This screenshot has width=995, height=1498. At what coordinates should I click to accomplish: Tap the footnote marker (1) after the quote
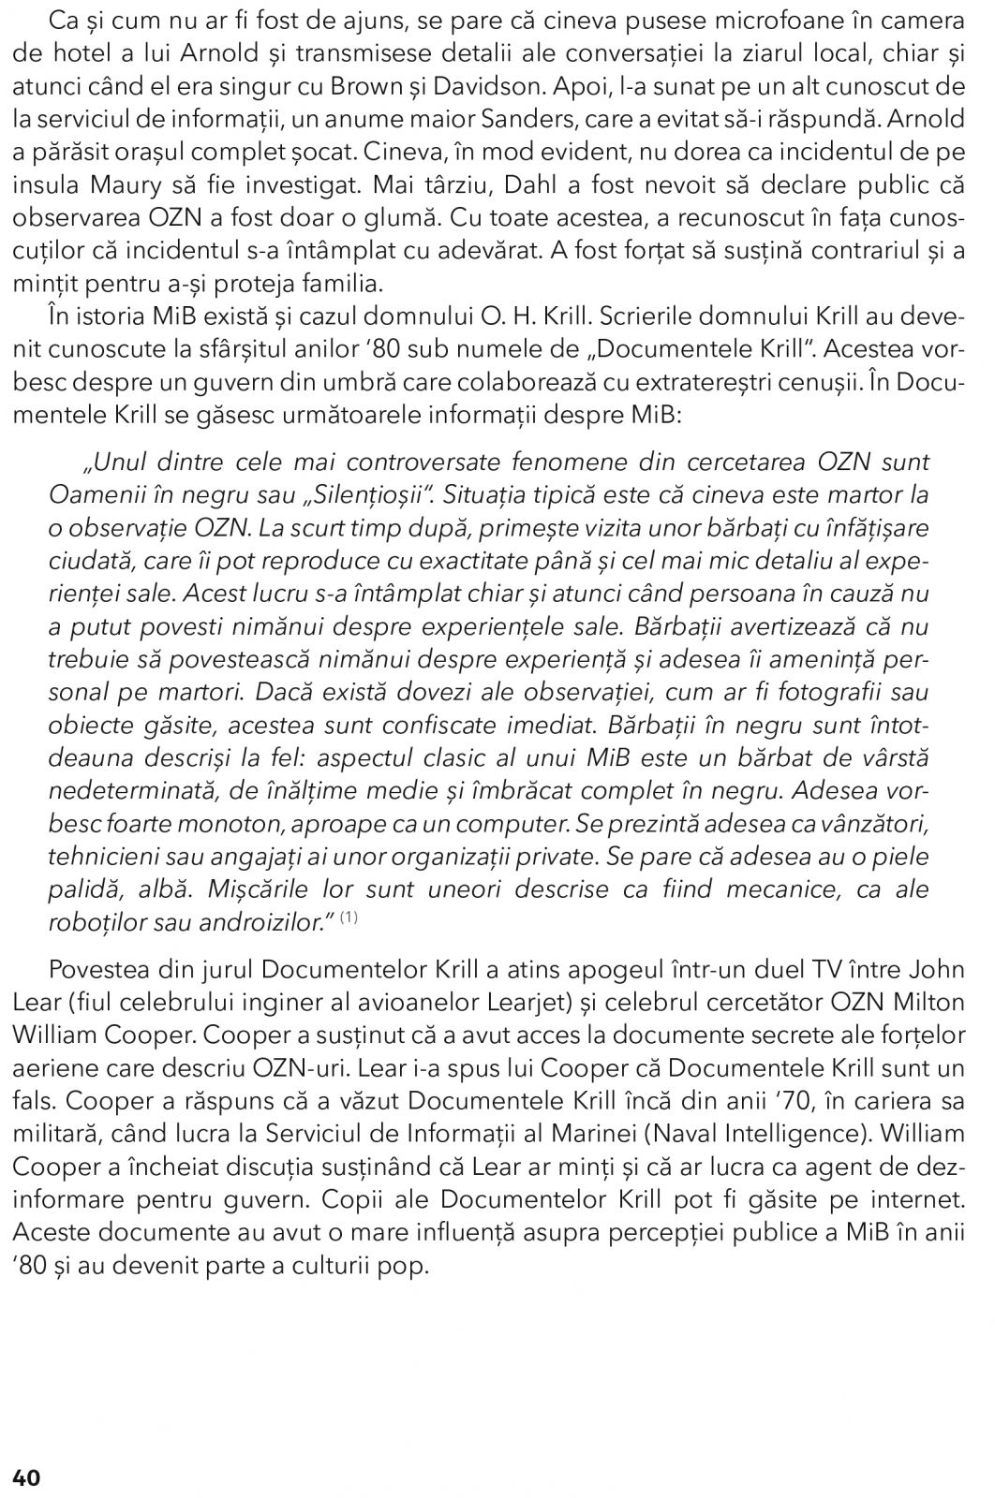tap(348, 918)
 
